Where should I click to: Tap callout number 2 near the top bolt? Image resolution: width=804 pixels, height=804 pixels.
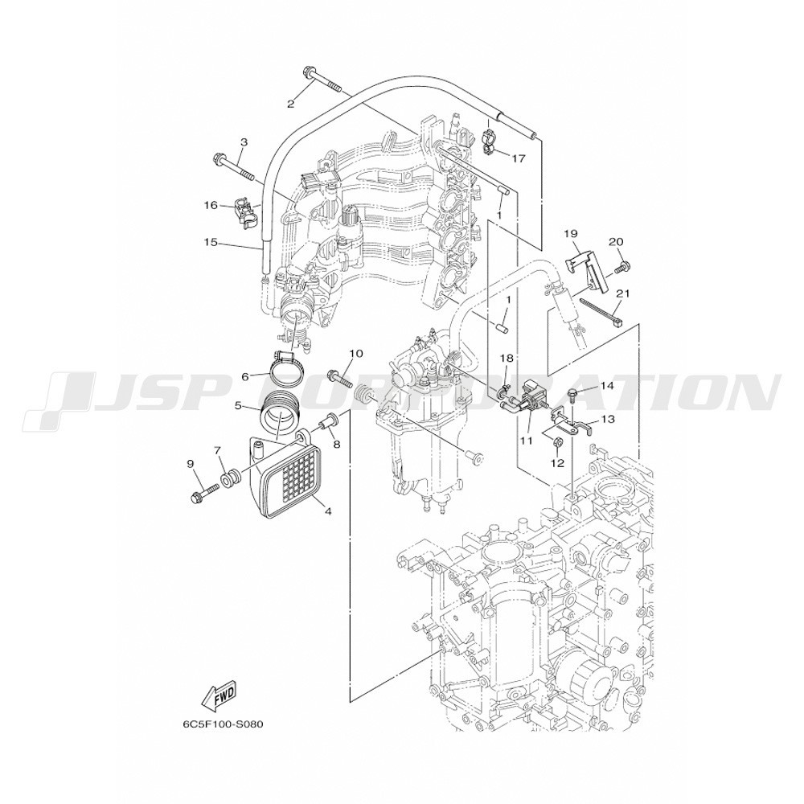291,105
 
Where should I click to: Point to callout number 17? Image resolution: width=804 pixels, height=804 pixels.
519,158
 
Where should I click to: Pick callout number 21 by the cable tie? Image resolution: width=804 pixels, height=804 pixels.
622,293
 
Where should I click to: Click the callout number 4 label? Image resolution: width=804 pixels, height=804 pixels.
327,511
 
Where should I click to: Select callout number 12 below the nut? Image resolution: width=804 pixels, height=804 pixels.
557,463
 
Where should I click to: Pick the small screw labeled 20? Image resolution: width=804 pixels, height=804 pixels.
623,265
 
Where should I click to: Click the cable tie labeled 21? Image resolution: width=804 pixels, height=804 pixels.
603,312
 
